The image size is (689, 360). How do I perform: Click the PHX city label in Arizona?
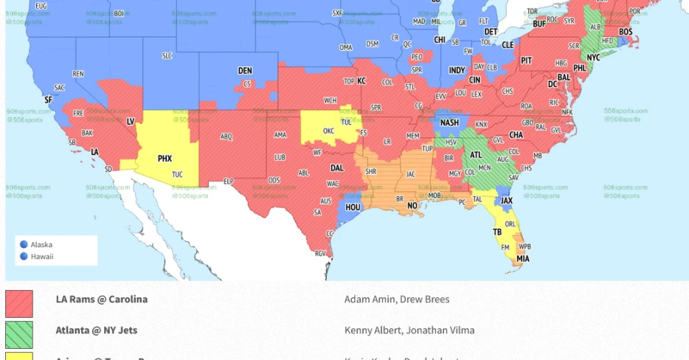(x=165, y=159)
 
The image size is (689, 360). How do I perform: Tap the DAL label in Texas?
(x=337, y=167)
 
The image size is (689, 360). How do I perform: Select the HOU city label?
(x=353, y=207)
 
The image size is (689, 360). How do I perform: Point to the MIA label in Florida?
(x=522, y=259)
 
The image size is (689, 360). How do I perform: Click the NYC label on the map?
(x=593, y=57)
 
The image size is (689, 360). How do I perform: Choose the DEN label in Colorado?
(x=245, y=71)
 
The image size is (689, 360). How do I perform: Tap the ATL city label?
(x=477, y=155)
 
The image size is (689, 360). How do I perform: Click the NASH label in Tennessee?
(x=449, y=123)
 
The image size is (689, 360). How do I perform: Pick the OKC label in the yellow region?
(x=329, y=131)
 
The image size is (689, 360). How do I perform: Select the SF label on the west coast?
(x=48, y=100)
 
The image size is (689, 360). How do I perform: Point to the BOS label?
(x=626, y=32)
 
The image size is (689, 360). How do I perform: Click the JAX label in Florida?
(x=507, y=201)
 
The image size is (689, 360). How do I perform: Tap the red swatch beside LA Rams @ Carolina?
(x=19, y=303)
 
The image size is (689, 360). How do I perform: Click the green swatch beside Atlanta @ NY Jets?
(x=19, y=334)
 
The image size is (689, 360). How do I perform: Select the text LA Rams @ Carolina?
(x=102, y=300)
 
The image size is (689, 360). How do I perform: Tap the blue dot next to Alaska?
(x=24, y=244)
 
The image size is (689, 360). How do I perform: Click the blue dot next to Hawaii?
(x=24, y=257)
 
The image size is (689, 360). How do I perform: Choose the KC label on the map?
(x=361, y=80)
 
